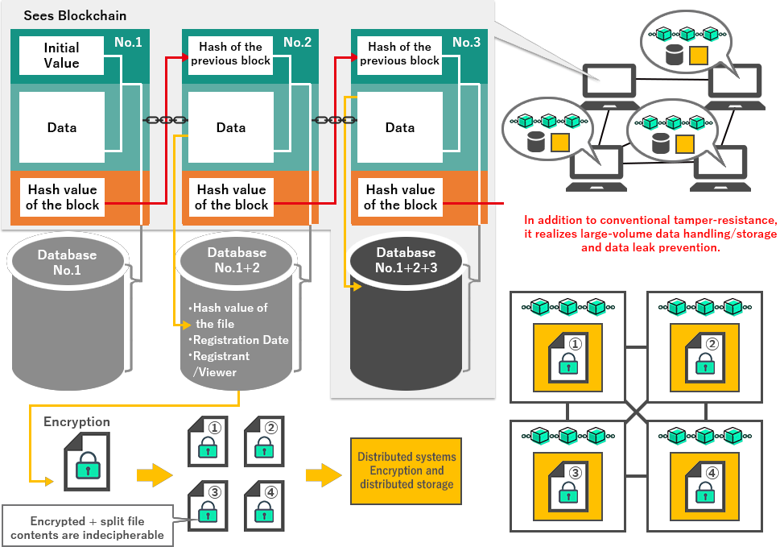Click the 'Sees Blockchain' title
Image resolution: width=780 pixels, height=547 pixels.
75,16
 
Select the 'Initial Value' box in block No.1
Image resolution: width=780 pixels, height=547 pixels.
62,56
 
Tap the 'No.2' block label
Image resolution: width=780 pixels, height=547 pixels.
297,42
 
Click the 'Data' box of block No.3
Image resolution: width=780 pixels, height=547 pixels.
400,127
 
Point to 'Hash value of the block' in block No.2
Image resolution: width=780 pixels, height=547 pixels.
231,197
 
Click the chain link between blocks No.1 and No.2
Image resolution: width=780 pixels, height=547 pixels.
164,120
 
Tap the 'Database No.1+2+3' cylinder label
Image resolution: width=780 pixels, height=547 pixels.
407,260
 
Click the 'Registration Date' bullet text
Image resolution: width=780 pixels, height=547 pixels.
241,340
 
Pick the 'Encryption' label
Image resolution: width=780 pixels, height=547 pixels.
77,421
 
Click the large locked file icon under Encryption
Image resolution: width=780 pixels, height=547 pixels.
87,462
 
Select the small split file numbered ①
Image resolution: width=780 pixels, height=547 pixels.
208,441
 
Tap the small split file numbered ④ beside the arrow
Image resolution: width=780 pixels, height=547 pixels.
264,503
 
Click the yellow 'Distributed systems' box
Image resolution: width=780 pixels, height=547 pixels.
407,470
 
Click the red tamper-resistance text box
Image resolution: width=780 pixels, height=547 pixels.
650,234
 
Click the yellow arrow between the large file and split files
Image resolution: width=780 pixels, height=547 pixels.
154,475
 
